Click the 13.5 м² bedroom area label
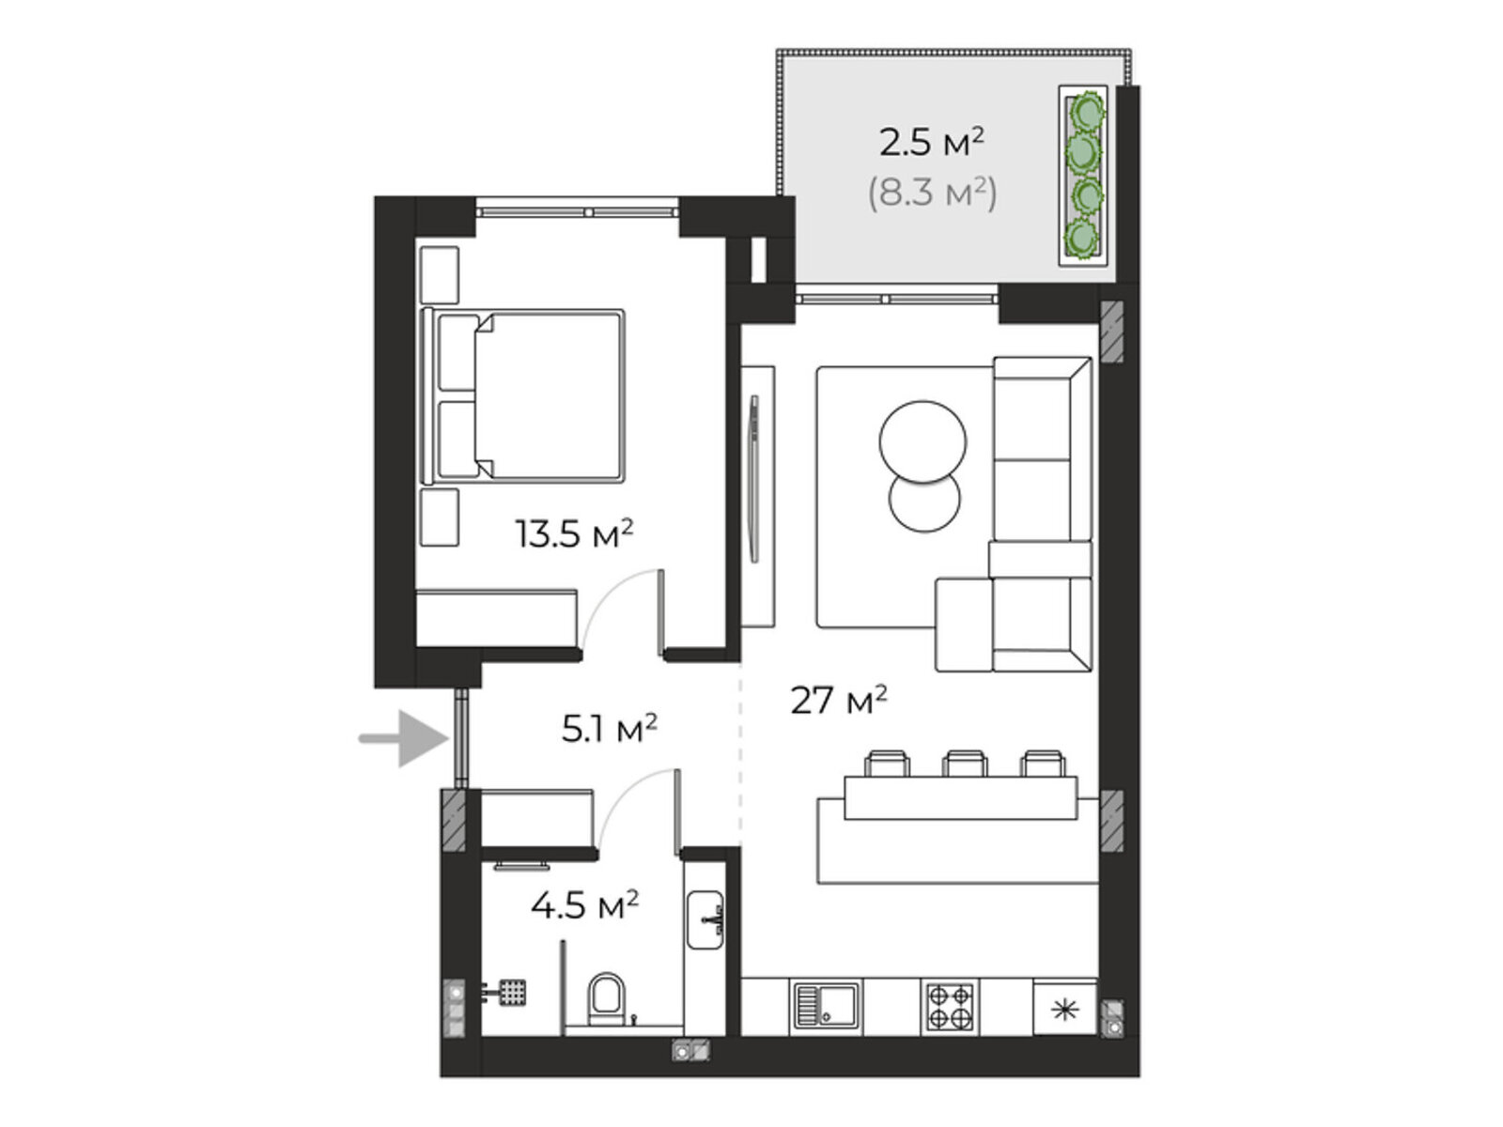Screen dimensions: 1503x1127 tap(574, 534)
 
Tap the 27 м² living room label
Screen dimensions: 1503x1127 tap(838, 700)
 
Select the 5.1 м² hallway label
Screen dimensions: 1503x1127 tap(609, 728)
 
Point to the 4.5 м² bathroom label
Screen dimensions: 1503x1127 tap(584, 904)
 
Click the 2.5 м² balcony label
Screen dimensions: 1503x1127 tap(931, 143)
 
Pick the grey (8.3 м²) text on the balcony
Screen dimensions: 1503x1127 tap(932, 193)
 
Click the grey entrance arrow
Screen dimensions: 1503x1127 tap(404, 738)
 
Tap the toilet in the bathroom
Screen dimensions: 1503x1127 tap(606, 999)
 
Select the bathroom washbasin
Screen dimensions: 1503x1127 tap(705, 919)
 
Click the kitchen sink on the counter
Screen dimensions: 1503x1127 tap(826, 1007)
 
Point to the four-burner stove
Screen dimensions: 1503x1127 tap(950, 1007)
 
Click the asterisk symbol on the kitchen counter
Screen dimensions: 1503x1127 tap(1064, 1010)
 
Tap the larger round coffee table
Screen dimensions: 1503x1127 tap(922, 442)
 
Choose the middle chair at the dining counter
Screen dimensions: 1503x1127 tap(964, 764)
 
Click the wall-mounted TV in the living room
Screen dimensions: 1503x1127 tap(754, 479)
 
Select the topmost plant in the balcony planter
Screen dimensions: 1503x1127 tap(1082, 110)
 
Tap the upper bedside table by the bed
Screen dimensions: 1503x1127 tap(439, 274)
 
